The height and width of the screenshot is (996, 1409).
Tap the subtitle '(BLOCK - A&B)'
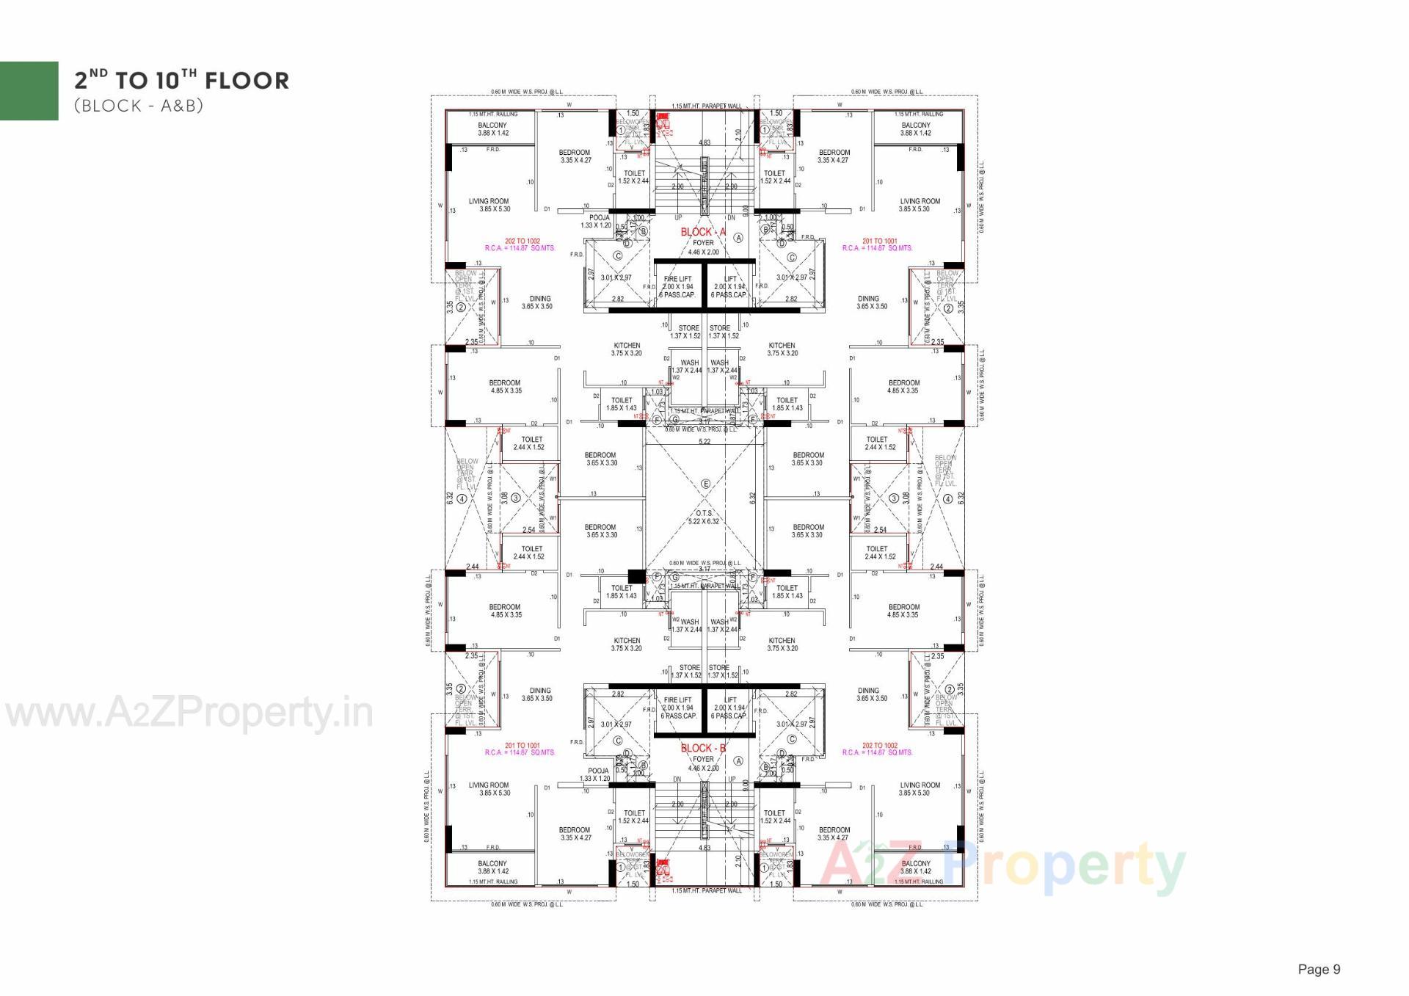[x=138, y=106]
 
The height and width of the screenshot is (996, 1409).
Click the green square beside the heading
[x=29, y=90]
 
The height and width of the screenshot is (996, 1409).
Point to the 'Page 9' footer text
[x=1319, y=969]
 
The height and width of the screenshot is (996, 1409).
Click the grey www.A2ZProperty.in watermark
[x=189, y=713]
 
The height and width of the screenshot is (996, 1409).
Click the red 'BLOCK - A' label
[x=702, y=232]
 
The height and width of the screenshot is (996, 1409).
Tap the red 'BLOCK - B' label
[x=703, y=748]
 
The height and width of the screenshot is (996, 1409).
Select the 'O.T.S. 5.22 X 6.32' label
[x=703, y=517]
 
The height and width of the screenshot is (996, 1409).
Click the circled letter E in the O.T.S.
[x=706, y=484]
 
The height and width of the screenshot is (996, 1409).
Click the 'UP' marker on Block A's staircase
[x=677, y=217]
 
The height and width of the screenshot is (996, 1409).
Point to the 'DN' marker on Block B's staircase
[x=677, y=779]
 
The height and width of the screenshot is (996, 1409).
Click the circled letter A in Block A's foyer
[x=738, y=238]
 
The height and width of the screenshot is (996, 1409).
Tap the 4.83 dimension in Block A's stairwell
[x=704, y=143]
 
